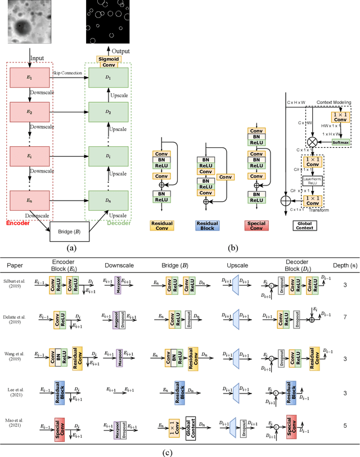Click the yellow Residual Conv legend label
click(x=161, y=225)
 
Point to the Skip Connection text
click(x=66, y=73)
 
